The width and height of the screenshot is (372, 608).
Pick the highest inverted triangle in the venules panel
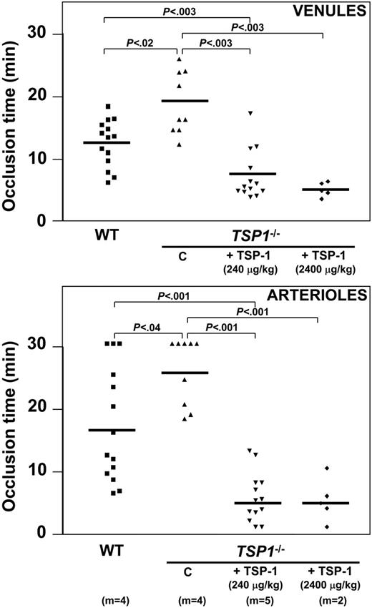tap(250, 114)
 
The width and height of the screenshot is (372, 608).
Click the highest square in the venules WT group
tap(108, 106)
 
